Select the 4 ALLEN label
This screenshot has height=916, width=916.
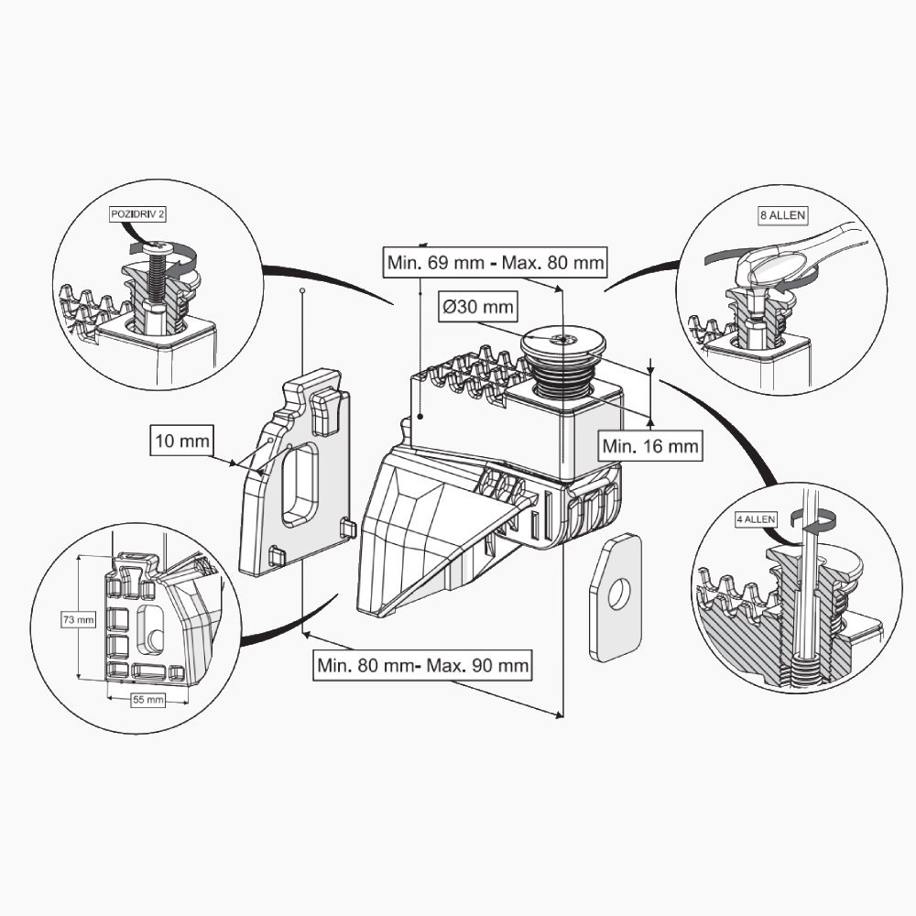tap(756, 519)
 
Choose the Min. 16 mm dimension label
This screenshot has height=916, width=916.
tap(651, 447)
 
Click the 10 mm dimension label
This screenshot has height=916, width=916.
tap(181, 441)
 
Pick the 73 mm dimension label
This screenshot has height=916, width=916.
tap(79, 619)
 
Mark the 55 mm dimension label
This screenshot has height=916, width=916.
tap(147, 700)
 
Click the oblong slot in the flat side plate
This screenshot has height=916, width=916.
tap(300, 484)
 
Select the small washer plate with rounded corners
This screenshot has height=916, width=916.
tap(615, 596)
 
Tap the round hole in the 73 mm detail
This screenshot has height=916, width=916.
tap(154, 638)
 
